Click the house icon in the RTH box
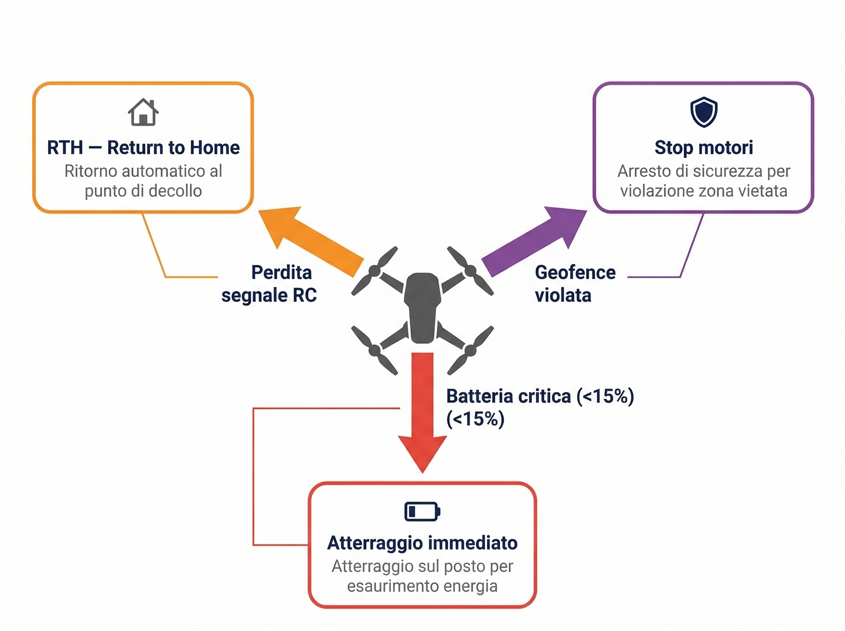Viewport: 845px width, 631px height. click(x=143, y=112)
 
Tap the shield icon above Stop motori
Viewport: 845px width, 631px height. click(x=703, y=112)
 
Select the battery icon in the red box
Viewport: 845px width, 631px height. click(x=422, y=511)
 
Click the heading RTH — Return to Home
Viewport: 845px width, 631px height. click(x=143, y=147)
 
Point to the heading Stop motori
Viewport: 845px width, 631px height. click(x=703, y=147)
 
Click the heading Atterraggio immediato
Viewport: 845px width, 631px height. click(x=422, y=543)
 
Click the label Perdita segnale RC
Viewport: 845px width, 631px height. click(x=269, y=284)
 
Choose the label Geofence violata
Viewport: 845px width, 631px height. click(x=575, y=284)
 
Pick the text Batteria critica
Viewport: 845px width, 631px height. click(x=509, y=396)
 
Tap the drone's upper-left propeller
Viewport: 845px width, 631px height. click(x=374, y=271)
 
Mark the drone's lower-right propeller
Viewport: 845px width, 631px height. click(x=470, y=350)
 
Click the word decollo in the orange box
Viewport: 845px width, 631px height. click(x=175, y=191)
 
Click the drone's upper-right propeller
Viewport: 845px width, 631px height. click(x=470, y=271)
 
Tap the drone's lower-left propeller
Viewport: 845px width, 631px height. click(x=374, y=350)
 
